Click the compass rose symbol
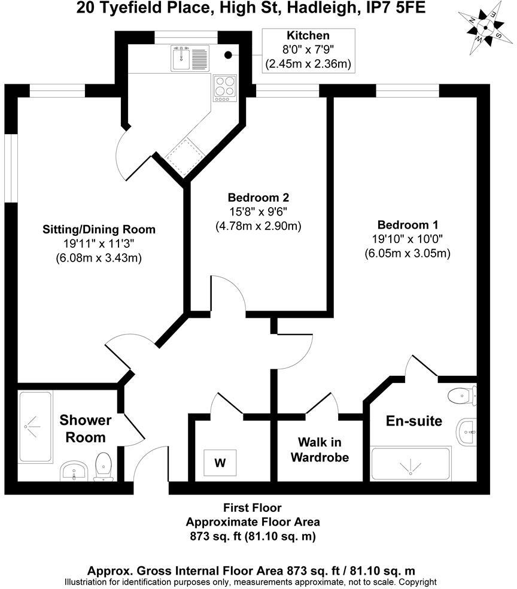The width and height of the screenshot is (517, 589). pyautogui.click(x=485, y=28)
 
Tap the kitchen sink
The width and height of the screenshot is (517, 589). pyautogui.click(x=190, y=58)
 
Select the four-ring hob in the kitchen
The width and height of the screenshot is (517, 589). pyautogui.click(x=225, y=88)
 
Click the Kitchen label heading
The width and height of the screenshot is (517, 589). pyautogui.click(x=308, y=36)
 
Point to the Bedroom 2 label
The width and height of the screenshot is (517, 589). pyautogui.click(x=258, y=197)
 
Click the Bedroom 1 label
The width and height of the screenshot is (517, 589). pyautogui.click(x=407, y=224)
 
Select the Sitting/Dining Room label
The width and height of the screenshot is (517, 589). pyautogui.click(x=99, y=229)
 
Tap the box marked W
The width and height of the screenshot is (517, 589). pyautogui.click(x=220, y=463)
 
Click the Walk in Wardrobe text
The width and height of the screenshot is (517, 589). pyautogui.click(x=320, y=450)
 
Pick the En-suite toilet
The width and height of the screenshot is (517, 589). pyautogui.click(x=463, y=396)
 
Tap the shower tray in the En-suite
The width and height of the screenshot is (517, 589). pyautogui.click(x=410, y=464)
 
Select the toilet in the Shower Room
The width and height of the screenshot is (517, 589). pyautogui.click(x=104, y=466)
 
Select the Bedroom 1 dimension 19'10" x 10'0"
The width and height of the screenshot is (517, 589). pyautogui.click(x=407, y=238)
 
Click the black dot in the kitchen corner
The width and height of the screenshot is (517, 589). pyautogui.click(x=228, y=55)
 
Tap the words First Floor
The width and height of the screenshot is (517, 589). pyautogui.click(x=253, y=508)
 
